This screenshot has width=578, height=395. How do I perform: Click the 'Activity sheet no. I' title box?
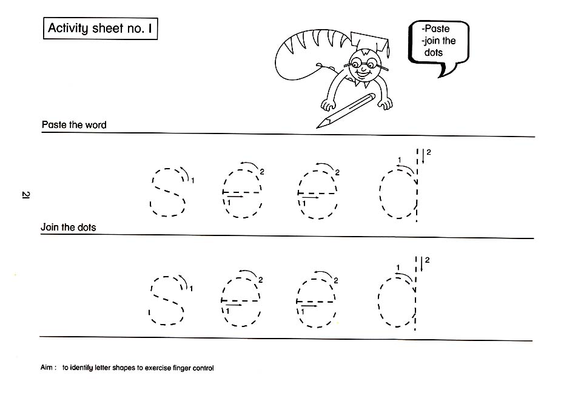click(x=100, y=29)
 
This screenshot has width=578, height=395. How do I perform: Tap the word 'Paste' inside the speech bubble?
click(x=437, y=29)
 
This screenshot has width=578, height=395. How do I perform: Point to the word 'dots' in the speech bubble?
click(x=433, y=52)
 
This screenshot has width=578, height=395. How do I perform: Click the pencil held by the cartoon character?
click(x=346, y=110)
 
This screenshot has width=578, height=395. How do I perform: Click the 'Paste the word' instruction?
click(x=74, y=124)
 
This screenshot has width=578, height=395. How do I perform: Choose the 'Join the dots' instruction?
click(x=68, y=227)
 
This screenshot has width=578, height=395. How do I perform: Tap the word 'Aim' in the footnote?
click(x=47, y=367)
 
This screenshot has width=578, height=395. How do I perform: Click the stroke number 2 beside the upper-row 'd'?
click(x=428, y=152)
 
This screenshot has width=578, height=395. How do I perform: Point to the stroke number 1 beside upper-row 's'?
click(x=193, y=180)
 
